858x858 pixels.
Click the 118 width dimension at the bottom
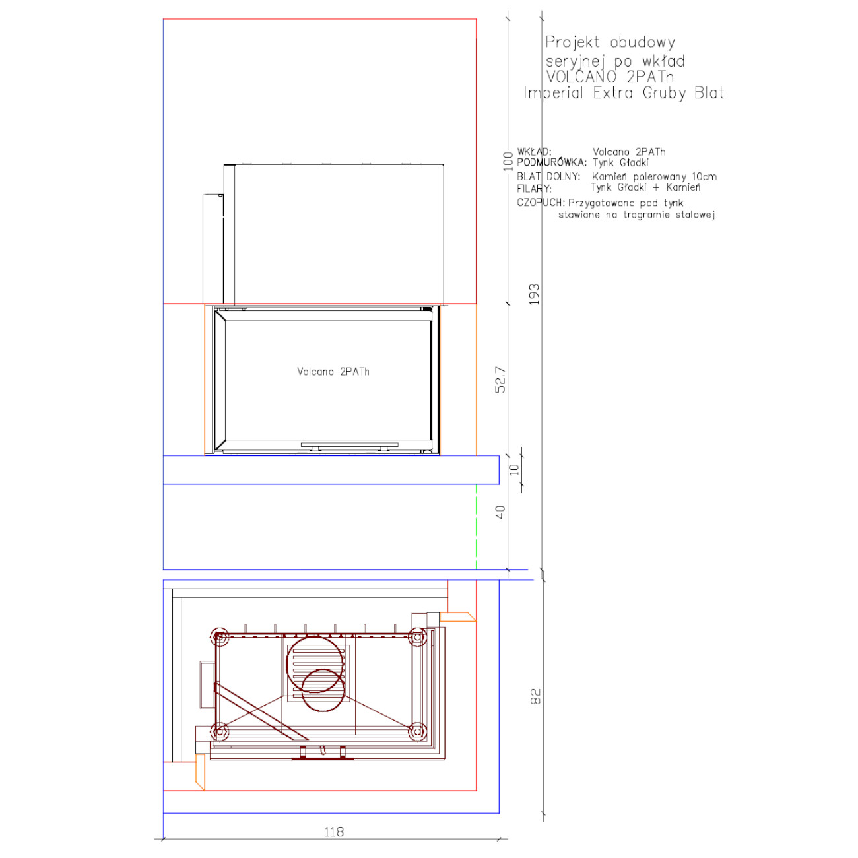[x=334, y=831]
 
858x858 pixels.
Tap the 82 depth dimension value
[x=536, y=696]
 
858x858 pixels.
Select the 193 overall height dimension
[x=534, y=294]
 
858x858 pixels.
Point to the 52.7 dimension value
[x=500, y=379]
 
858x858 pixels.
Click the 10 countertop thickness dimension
[x=514, y=469]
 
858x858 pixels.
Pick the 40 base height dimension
[x=500, y=512]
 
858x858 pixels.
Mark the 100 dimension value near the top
[x=508, y=161]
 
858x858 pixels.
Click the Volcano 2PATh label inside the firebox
[x=333, y=372]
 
